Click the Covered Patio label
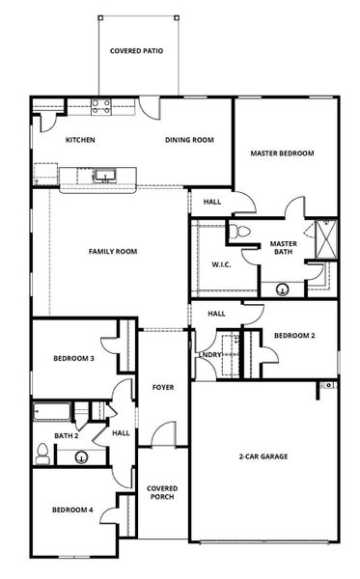[137, 51]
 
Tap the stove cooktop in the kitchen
[101, 106]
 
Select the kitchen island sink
[105, 176]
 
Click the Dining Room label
[189, 140]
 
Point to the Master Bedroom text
[283, 153]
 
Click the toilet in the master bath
[239, 232]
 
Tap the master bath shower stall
[326, 239]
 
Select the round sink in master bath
[283, 289]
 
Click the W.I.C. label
[222, 264]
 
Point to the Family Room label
[113, 252]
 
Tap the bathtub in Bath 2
[52, 412]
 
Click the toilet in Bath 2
[42, 454]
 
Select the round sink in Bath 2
[81, 457]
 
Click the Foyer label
[163, 387]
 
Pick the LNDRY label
[210, 355]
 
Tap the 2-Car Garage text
[263, 456]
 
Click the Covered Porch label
[162, 492]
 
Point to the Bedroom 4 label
[72, 510]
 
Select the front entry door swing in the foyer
[164, 434]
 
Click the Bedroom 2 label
[294, 336]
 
